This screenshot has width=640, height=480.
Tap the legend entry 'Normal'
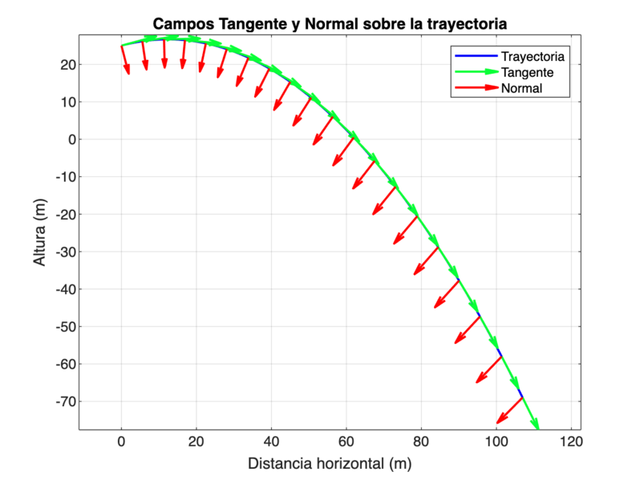(x=521, y=88)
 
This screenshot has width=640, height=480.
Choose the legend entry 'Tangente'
(x=528, y=72)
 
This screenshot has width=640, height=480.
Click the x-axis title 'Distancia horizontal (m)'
(x=330, y=463)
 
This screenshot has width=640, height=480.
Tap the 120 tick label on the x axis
(x=570, y=441)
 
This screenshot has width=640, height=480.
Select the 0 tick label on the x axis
(x=121, y=441)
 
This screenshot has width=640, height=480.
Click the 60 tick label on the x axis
(x=346, y=441)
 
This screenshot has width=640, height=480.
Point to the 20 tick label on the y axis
(x=68, y=64)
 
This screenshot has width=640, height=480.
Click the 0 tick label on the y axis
(x=71, y=139)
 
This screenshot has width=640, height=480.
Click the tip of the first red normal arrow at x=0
(x=128, y=75)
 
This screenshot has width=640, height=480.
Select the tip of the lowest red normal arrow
(x=497, y=422)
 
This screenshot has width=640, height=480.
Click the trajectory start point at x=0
(x=121, y=46)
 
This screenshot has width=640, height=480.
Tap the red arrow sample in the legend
(x=476, y=88)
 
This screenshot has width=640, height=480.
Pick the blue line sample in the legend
(x=476, y=57)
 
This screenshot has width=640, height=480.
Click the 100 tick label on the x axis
(x=496, y=441)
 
